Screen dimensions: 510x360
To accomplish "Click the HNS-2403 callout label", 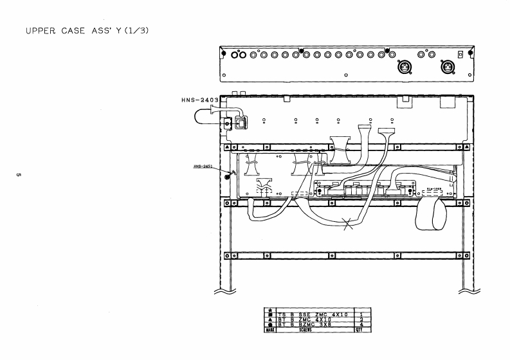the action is click(x=201, y=100).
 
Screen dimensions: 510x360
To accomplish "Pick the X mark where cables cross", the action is click(x=349, y=225).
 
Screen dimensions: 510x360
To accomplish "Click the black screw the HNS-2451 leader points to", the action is click(x=232, y=174).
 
